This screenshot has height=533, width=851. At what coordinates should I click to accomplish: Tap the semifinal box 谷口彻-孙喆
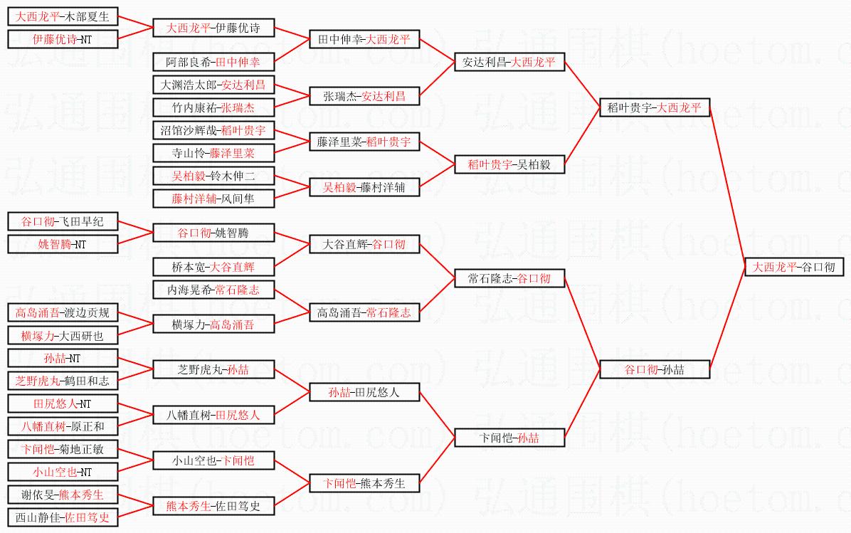coord(655,369)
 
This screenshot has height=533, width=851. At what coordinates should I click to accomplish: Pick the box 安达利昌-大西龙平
coord(509,63)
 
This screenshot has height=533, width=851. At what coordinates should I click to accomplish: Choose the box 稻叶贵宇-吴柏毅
coord(509,164)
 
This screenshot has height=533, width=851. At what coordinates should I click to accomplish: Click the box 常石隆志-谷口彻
coord(509,278)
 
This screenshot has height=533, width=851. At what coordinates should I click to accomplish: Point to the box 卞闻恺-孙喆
coord(509,438)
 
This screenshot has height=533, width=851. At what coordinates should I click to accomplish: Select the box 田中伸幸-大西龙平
coord(364,39)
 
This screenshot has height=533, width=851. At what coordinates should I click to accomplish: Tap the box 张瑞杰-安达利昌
coord(364,96)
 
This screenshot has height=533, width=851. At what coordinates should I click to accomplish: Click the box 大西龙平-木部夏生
coord(63,16)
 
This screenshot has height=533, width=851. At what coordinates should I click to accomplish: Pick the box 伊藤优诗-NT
coord(63,39)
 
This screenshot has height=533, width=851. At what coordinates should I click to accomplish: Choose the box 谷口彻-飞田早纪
coord(63,221)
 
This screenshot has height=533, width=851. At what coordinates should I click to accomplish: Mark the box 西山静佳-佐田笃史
coord(63,517)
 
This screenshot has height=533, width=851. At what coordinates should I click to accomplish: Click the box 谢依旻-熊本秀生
coord(63,495)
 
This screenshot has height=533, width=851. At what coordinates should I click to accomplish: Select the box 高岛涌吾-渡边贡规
coord(63,313)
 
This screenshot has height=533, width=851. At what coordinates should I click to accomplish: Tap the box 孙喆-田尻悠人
coord(364,392)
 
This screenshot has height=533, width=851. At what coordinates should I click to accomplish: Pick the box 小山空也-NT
coord(63,472)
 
